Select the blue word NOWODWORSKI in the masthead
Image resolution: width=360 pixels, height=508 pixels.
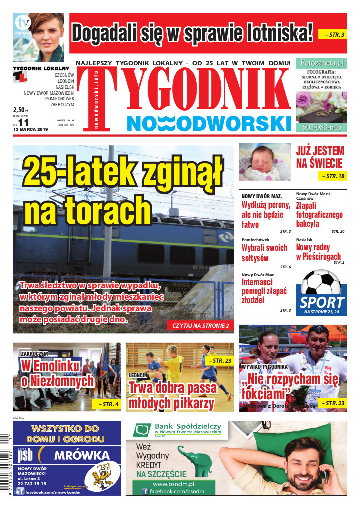click(209, 123)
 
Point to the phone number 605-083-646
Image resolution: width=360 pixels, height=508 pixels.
click(322, 127)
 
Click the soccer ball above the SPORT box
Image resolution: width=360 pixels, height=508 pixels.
click(320, 285)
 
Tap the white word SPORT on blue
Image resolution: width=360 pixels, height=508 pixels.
click(322, 303)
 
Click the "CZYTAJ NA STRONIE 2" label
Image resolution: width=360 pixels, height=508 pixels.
click(201, 325)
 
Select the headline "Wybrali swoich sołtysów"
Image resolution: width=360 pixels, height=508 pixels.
click(264, 253)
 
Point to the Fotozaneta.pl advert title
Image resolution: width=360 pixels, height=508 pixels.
click(321, 63)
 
